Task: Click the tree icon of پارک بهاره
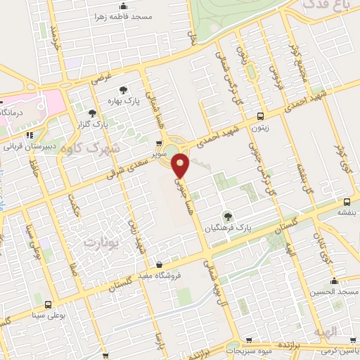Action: pos(124,89)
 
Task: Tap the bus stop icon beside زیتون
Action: pos(261,117)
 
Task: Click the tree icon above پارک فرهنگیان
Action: pos(226,216)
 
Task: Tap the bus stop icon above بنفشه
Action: pos(345,201)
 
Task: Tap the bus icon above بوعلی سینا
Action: pos(48,304)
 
